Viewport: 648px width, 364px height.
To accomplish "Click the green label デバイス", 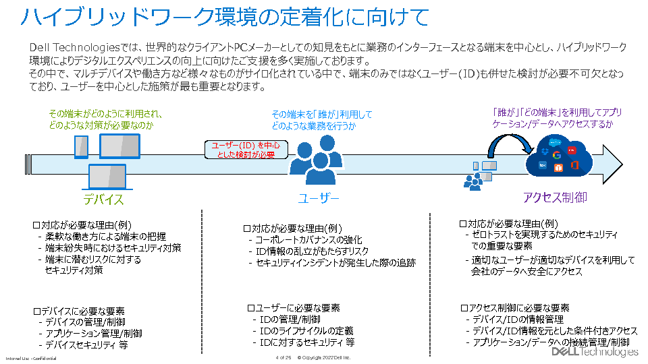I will [103, 199].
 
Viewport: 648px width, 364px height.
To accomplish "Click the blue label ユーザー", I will [318, 198].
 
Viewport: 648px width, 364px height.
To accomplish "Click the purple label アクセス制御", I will [555, 198].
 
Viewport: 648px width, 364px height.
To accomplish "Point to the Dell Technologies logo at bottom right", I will [595, 352].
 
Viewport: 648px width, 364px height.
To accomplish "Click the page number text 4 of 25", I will [283, 357].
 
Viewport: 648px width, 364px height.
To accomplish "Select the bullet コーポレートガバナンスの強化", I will [308, 240].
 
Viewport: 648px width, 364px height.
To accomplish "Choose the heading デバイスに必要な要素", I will [79, 311].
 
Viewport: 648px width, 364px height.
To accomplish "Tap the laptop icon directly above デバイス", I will [107, 177].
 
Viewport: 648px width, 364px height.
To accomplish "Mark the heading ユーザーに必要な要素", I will [294, 307].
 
